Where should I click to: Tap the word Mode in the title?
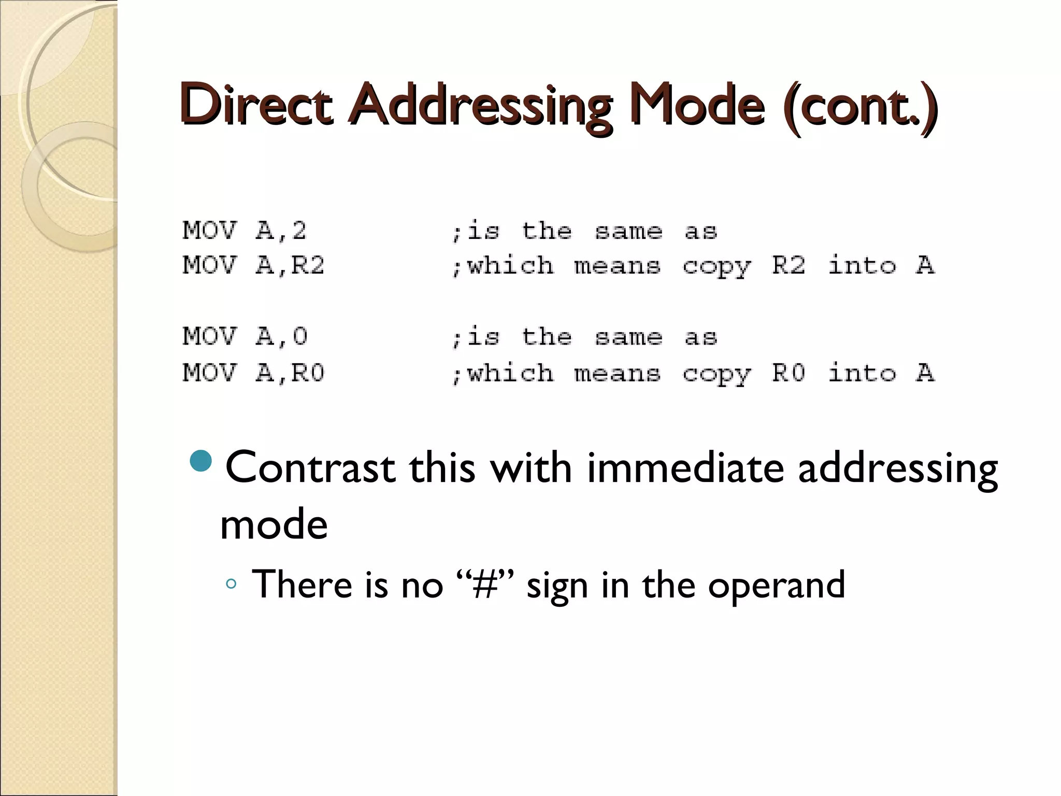tap(697, 105)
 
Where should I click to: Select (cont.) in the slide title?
tap(861, 105)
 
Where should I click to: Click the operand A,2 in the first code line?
tap(281, 231)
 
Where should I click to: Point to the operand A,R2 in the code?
tap(290, 266)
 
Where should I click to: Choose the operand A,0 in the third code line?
tap(281, 337)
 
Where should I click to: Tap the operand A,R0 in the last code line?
tap(290, 373)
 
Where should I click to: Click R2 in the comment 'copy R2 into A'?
tap(788, 266)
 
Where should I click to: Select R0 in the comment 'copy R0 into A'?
tap(788, 373)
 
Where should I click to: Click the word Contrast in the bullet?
tap(310, 467)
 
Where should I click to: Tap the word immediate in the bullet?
tap(685, 467)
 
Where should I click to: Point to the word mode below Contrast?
tap(274, 524)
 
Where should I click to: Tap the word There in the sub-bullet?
tap(302, 585)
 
